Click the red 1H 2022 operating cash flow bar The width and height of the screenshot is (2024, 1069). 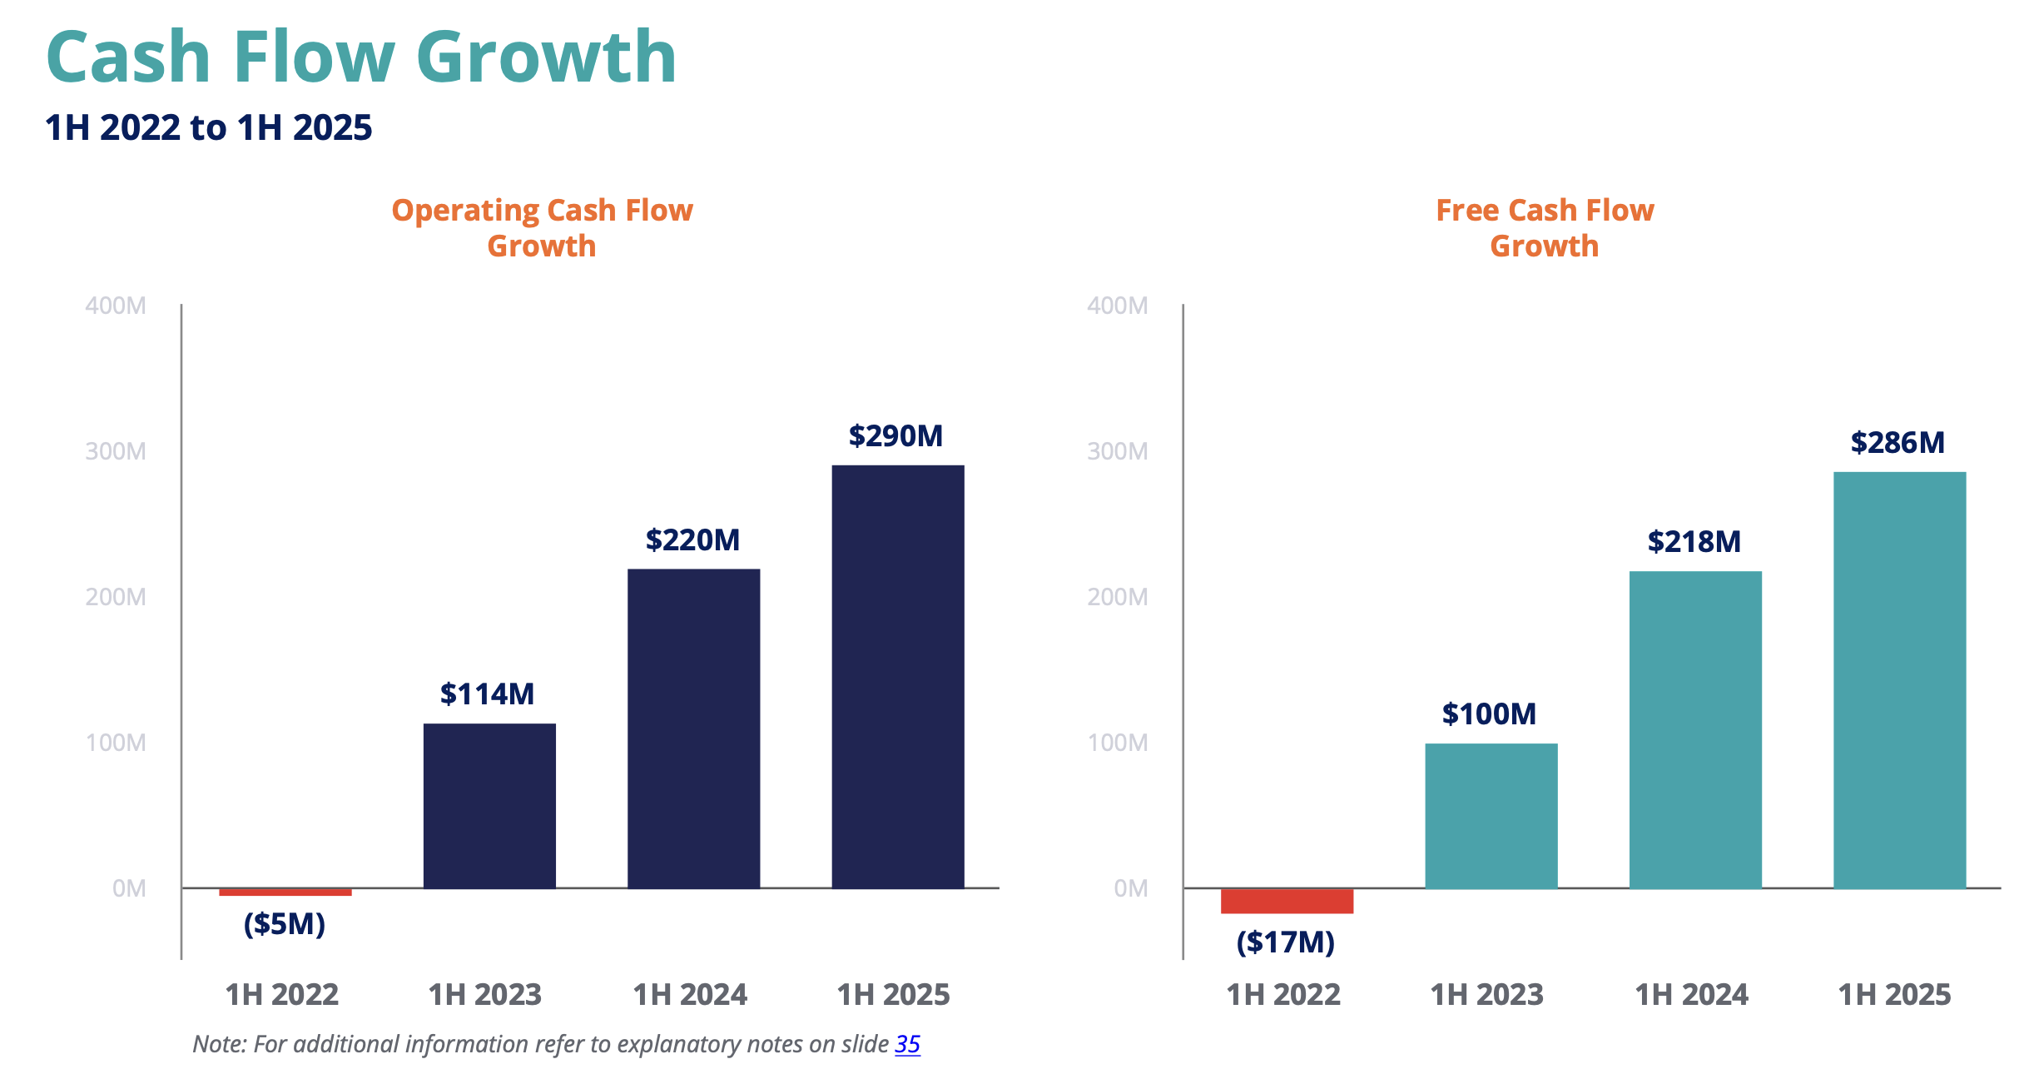click(285, 892)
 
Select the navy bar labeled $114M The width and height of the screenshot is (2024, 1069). click(489, 805)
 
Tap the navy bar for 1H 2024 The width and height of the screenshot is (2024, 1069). click(693, 728)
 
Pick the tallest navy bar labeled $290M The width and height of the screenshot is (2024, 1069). click(897, 676)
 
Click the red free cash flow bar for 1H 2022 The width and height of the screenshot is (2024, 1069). click(1287, 901)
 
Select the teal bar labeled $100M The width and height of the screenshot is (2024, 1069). click(1491, 816)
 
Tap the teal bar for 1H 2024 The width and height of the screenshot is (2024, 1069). click(1695, 729)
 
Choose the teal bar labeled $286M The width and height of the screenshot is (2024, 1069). click(1899, 679)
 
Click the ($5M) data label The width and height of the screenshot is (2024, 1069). click(285, 924)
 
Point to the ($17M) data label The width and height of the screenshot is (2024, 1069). click(1286, 942)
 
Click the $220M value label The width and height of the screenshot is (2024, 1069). click(692, 540)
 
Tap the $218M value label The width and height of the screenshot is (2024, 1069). click(1694, 542)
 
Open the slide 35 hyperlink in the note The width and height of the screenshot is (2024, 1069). click(907, 1044)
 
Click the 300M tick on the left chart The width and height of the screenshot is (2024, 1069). click(116, 451)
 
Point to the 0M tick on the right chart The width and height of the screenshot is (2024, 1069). click(1131, 888)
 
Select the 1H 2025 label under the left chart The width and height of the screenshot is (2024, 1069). click(894, 995)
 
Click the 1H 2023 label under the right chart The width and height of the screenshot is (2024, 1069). click(1487, 995)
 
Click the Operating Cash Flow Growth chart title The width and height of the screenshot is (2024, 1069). click(542, 227)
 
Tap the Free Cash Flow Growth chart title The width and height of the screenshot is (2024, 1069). click(1545, 227)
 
